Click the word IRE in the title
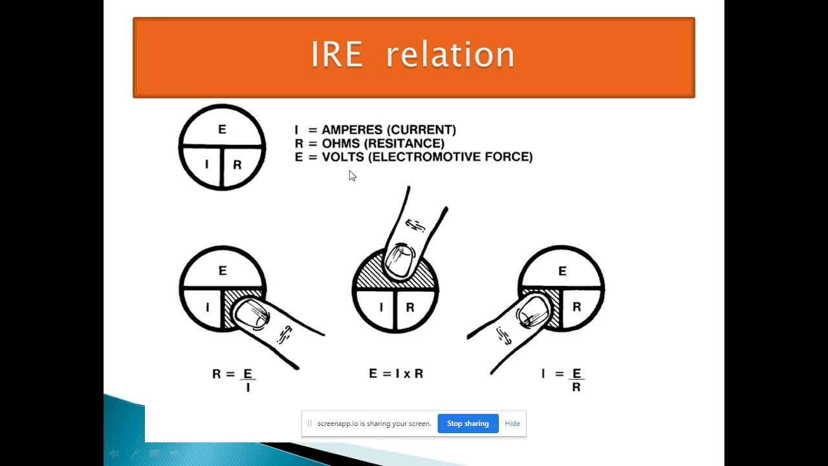(336, 54)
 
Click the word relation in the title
(450, 54)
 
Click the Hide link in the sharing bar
(512, 423)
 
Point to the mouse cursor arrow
(352, 175)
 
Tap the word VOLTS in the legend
(343, 157)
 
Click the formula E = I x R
(396, 373)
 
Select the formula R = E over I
(234, 379)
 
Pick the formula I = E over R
(563, 379)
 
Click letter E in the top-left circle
(222, 129)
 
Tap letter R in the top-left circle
(237, 164)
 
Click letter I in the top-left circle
(207, 164)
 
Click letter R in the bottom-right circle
(576, 307)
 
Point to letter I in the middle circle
(381, 307)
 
